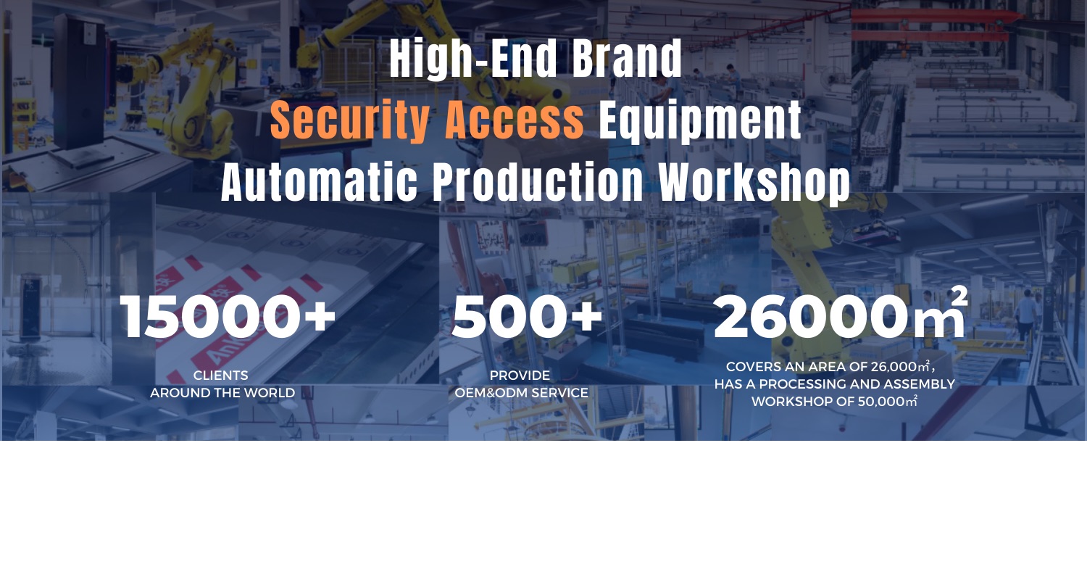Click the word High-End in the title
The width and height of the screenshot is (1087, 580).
(473, 59)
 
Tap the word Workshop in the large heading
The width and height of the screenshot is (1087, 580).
(754, 183)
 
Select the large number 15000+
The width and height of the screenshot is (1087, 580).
(228, 317)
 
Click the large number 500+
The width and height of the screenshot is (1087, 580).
(527, 317)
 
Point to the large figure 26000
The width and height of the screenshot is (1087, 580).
(812, 317)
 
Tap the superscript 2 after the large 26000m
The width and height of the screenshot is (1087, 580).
(959, 296)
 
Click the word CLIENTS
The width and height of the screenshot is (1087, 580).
(221, 376)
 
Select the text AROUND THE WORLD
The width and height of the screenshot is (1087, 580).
(222, 393)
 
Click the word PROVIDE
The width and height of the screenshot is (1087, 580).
(520, 376)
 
